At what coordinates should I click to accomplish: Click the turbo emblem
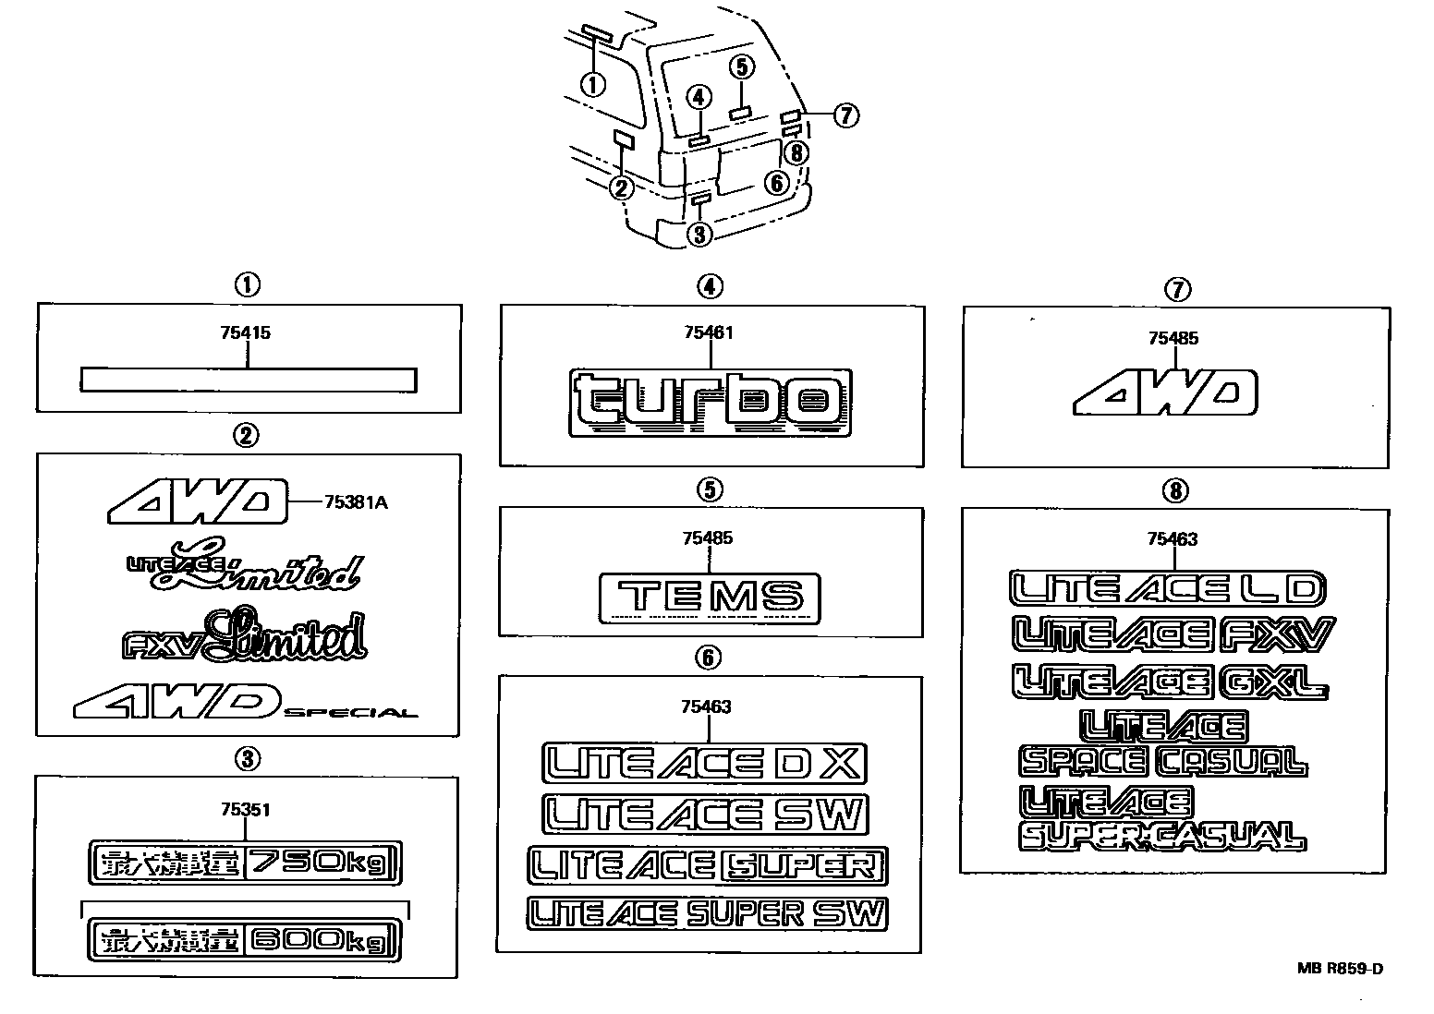coord(710,403)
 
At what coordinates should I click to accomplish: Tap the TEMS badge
coord(709,597)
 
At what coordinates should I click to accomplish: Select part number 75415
coord(246,332)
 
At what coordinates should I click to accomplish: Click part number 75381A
coord(356,502)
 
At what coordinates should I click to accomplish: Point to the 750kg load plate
coord(246,863)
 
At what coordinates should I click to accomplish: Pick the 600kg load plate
coord(246,940)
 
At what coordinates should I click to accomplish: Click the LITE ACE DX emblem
coord(704,764)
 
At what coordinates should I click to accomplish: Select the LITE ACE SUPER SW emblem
coord(707,913)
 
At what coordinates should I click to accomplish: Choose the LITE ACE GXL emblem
coord(1170,682)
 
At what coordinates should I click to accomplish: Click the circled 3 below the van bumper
coord(700,235)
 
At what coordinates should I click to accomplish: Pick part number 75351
coord(246,810)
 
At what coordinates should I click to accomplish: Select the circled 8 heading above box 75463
coord(1174,490)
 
